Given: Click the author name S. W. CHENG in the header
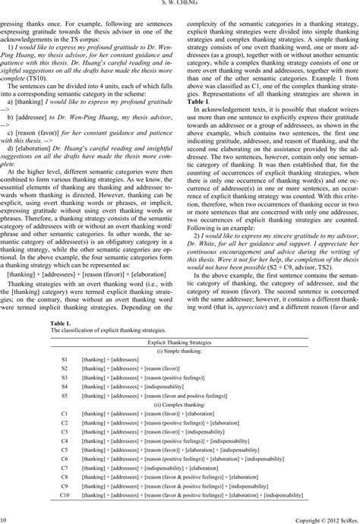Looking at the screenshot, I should point(180,4).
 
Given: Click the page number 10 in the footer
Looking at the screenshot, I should point(4,519).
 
